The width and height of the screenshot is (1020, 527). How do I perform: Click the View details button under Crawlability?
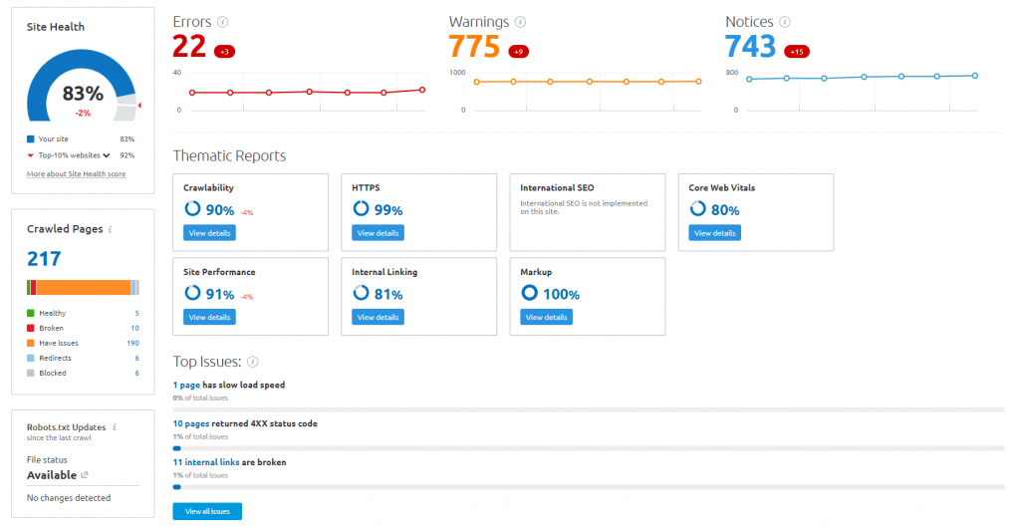[209, 233]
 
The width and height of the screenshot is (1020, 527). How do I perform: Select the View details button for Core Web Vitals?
[714, 233]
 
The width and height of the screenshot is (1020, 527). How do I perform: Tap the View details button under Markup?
[546, 317]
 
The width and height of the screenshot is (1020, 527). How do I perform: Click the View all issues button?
[207, 511]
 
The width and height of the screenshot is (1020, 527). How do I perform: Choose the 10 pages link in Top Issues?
[190, 423]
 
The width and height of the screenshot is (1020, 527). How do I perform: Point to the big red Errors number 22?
[188, 47]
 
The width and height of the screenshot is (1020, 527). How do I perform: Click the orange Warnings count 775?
[474, 47]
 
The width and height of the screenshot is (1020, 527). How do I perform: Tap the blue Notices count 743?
[750, 47]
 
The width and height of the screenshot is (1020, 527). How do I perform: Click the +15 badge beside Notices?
[797, 51]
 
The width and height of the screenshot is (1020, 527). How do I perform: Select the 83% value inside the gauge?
[83, 94]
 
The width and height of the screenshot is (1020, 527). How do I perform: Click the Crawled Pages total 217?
[44, 259]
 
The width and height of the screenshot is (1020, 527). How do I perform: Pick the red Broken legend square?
[31, 328]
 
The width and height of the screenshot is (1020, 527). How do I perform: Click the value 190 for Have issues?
[132, 343]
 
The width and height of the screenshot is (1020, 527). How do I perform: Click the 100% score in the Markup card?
[561, 294]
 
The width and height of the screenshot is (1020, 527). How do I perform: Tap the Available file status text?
[51, 475]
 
